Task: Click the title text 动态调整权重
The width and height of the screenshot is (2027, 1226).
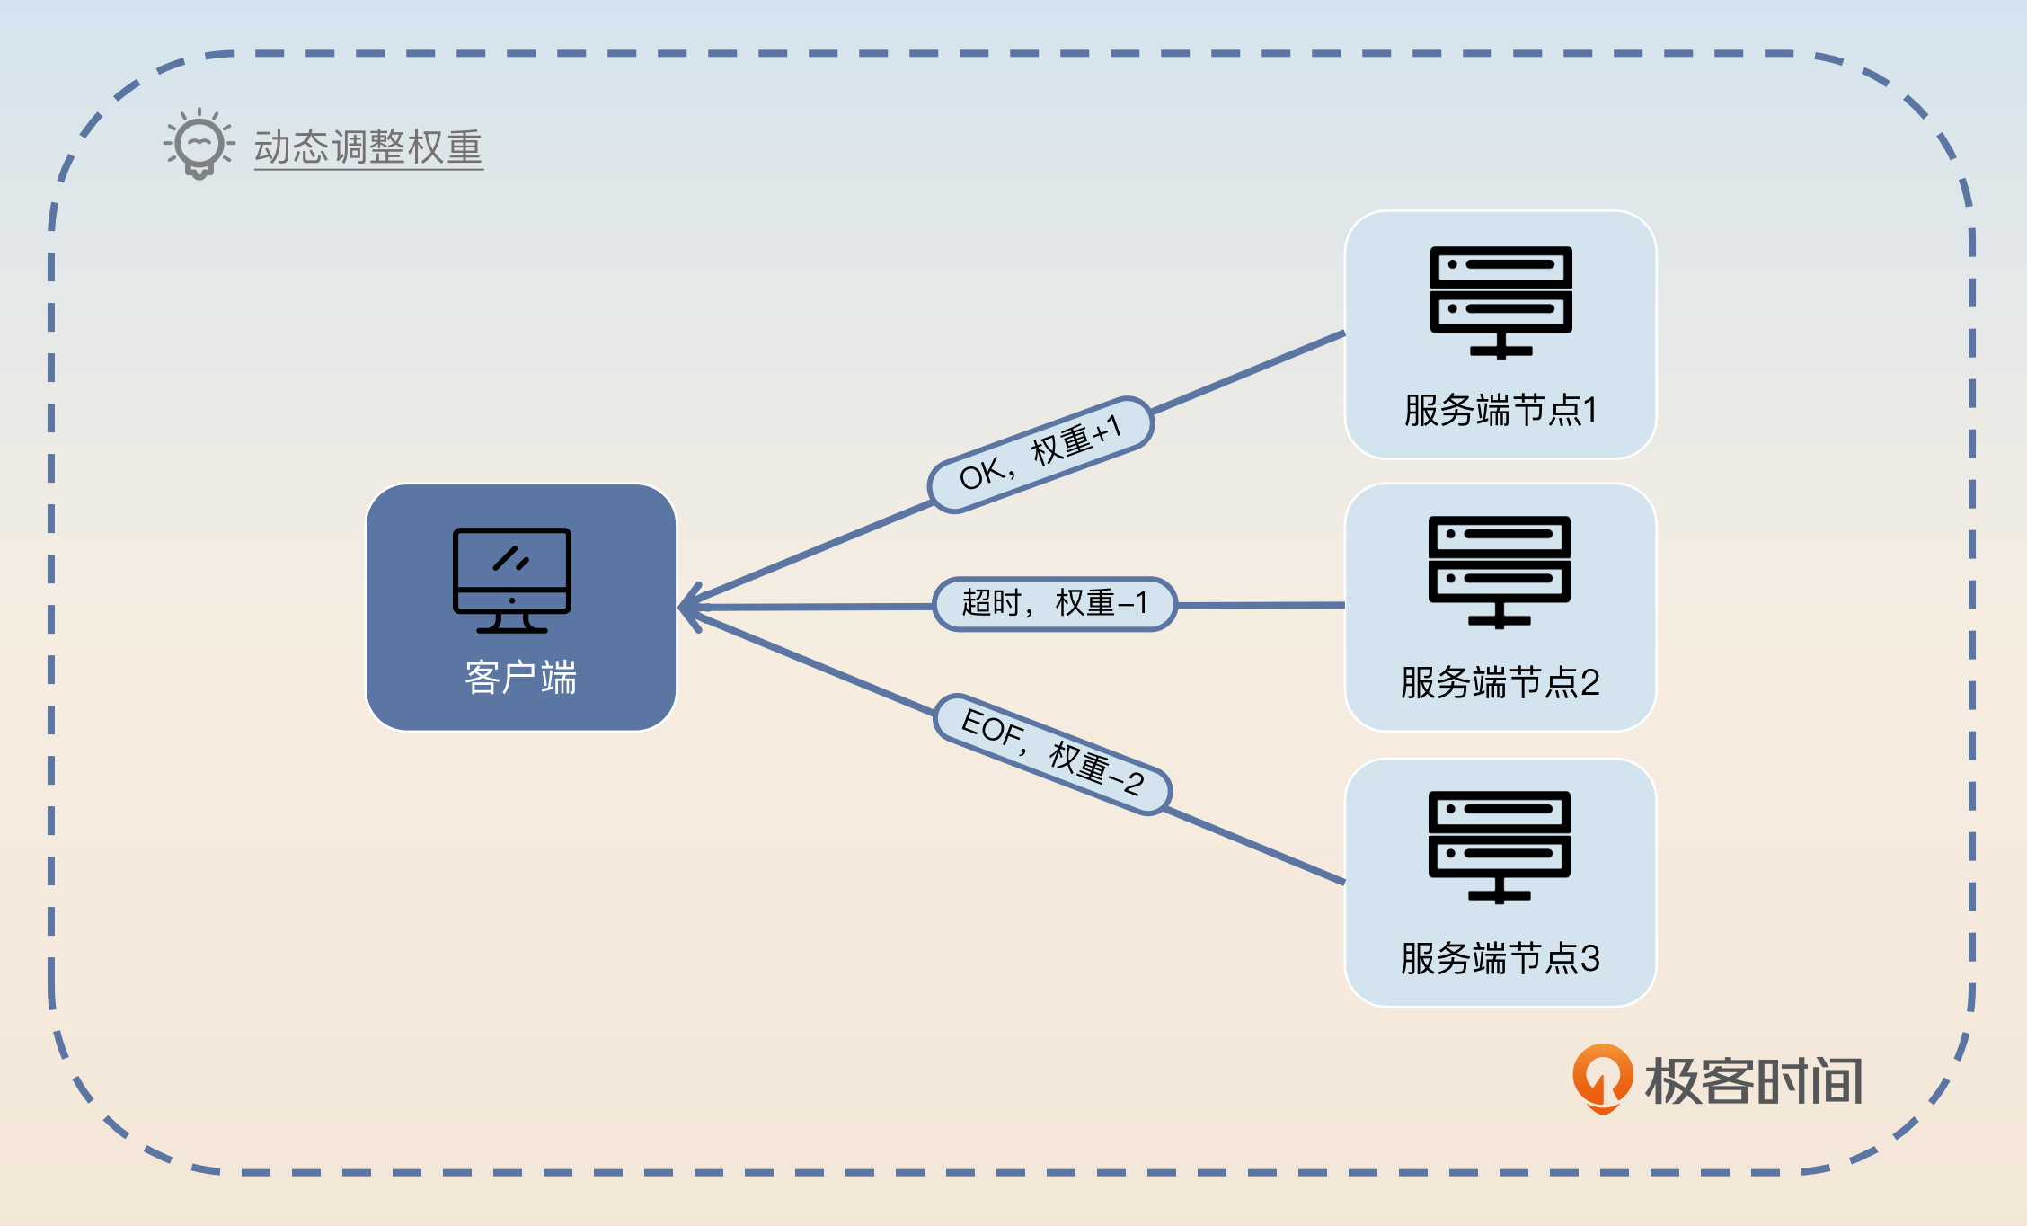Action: pos(368,147)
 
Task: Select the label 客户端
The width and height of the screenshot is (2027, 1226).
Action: pos(521,678)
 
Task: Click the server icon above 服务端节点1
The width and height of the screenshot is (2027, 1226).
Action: pos(1500,302)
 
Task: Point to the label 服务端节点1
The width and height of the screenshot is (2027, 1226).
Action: pos(1500,411)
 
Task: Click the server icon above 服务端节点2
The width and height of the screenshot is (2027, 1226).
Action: pos(1500,572)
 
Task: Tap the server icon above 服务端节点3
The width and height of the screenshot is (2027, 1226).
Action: pos(1500,847)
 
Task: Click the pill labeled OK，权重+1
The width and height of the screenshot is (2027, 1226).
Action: pos(1040,455)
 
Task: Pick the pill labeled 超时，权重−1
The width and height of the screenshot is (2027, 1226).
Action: pos(1055,604)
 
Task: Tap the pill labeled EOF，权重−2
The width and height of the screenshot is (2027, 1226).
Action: pos(1052,753)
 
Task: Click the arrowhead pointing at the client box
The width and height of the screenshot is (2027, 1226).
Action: pos(690,607)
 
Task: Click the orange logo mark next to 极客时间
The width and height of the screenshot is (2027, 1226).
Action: pos(1602,1077)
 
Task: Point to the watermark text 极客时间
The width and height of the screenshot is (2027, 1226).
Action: pos(1754,1080)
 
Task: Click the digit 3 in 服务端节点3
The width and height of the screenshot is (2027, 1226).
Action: pos(1589,958)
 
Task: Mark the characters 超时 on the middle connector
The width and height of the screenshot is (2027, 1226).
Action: pos(991,603)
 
